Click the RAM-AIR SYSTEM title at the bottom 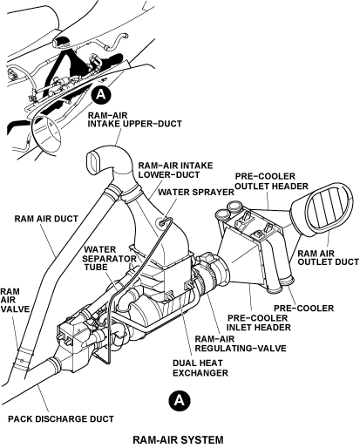point(178,439)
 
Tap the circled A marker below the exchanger point(180,401)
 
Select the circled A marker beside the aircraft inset point(101,94)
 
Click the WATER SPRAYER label point(196,192)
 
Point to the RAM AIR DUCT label point(46,219)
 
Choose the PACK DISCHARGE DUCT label point(61,419)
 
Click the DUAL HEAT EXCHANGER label point(200,368)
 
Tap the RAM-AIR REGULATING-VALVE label point(241,343)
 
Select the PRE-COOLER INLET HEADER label point(259,322)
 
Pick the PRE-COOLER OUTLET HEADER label point(271,181)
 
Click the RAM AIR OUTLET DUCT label point(329,258)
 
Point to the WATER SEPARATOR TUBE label point(110,258)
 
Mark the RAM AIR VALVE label point(15,300)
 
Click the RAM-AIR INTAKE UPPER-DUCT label point(134,119)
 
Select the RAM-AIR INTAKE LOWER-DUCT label point(175,170)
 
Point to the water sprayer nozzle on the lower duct point(163,221)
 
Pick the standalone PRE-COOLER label point(303,308)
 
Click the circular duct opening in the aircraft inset point(46,132)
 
